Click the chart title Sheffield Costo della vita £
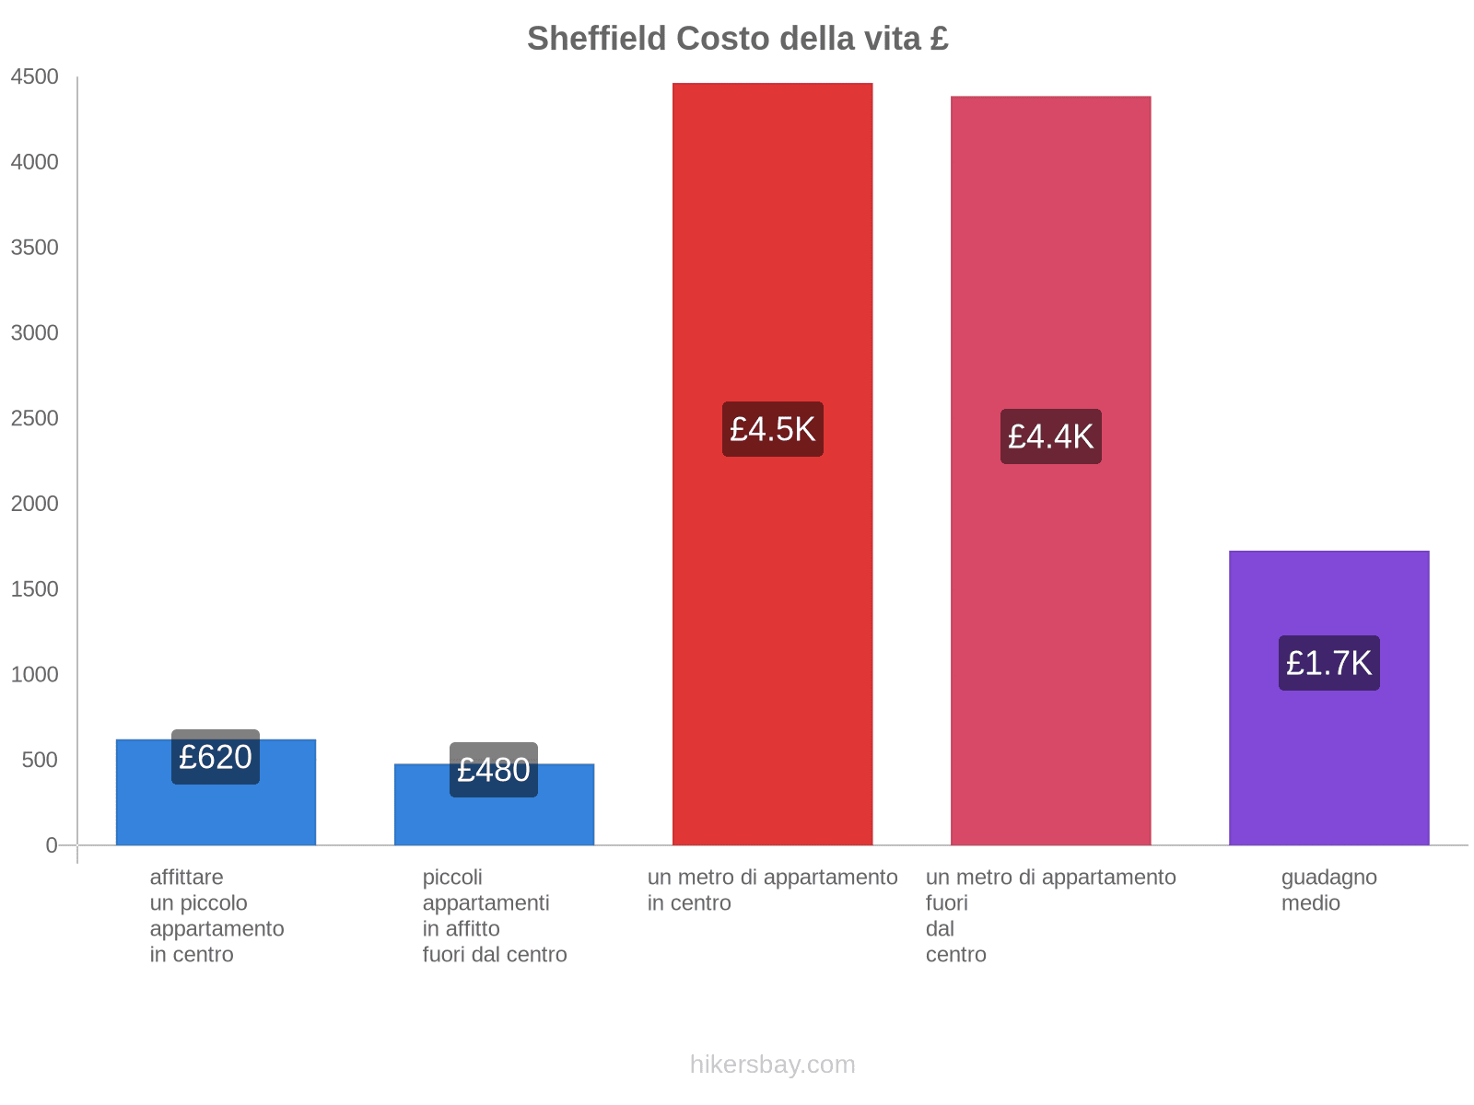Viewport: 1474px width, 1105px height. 737,39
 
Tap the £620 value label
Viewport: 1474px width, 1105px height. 216,757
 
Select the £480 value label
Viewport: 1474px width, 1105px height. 494,770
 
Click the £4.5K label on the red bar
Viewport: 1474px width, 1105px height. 772,429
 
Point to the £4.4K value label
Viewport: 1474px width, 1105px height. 1050,436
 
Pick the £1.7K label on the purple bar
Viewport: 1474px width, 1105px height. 1328,663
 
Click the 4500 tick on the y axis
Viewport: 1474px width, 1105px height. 35,77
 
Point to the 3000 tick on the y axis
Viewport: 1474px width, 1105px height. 35,333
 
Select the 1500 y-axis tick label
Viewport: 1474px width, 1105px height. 35,589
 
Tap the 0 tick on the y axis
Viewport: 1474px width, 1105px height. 52,845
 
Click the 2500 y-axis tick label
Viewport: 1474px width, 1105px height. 35,419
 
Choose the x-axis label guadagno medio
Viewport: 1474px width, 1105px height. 1328,890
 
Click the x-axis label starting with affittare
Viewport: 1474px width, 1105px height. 216,915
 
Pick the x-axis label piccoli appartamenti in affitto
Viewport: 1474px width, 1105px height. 494,915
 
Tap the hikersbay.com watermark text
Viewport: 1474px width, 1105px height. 772,1064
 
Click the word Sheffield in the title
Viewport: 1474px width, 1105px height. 597,39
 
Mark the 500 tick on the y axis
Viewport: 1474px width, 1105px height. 41,761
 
